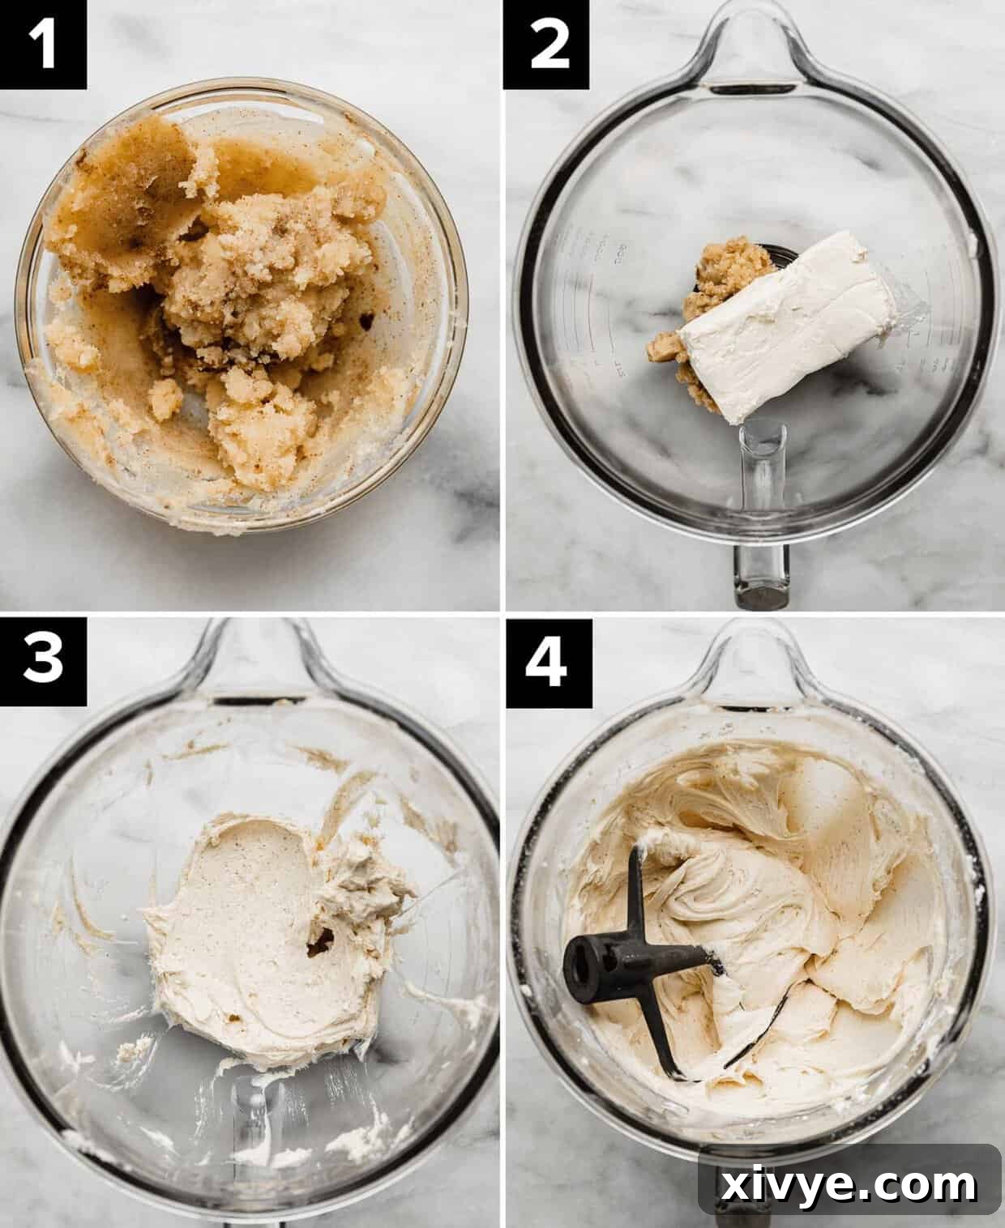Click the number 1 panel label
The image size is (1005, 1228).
(43, 44)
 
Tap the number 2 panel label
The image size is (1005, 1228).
(547, 44)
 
